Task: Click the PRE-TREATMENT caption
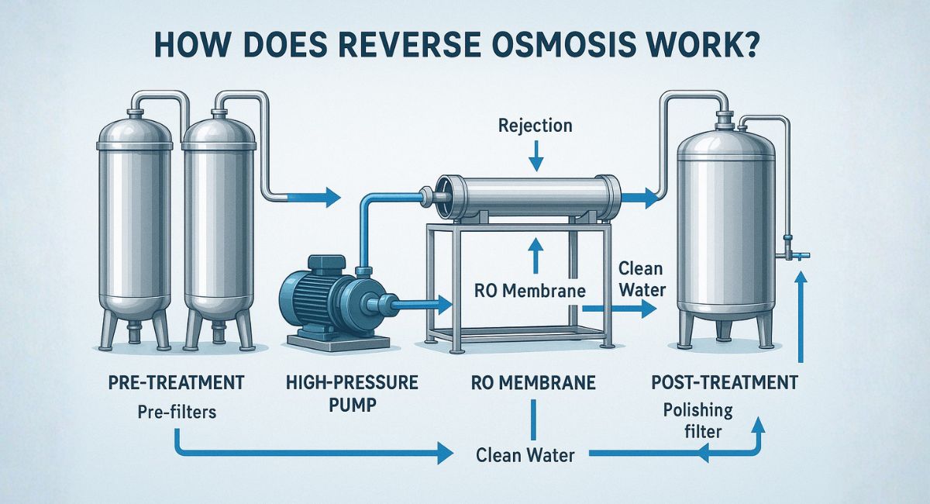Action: pyautogui.click(x=177, y=382)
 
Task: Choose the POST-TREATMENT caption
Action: pyautogui.click(x=715, y=382)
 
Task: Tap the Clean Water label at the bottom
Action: pyautogui.click(x=525, y=455)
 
